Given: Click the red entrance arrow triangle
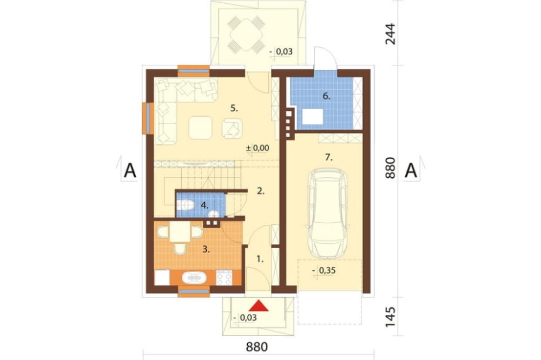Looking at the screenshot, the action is tap(259, 305).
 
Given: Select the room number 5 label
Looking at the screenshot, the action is tap(234, 109).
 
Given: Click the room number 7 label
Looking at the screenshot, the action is tap(328, 158).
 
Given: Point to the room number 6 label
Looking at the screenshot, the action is tap(326, 96).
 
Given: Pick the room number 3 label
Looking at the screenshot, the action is tap(206, 249).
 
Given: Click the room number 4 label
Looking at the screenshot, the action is tap(204, 205).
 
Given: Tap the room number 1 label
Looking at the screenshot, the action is tap(260, 258).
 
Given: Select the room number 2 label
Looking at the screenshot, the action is tap(261, 191).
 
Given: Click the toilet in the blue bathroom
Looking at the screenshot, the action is tap(185, 205).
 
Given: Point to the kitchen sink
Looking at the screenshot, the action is tap(194, 278).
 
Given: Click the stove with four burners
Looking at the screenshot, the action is tap(223, 278).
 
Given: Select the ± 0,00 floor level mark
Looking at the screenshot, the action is tap(258, 148).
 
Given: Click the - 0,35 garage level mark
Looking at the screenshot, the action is tap(324, 271).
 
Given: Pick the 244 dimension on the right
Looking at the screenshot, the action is tap(390, 34).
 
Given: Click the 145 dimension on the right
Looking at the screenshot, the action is tap(390, 317).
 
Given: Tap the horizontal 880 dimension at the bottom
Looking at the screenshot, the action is tap(256, 346).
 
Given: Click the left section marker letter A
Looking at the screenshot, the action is tap(130, 170).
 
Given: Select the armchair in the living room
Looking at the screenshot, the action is tap(232, 129).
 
